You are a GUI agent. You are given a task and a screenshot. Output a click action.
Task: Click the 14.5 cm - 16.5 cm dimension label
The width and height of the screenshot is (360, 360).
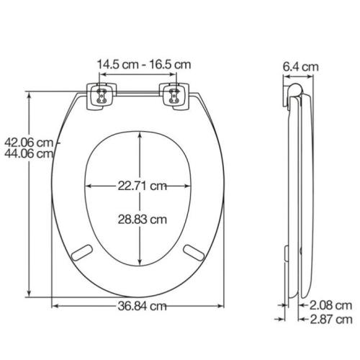click(144, 65)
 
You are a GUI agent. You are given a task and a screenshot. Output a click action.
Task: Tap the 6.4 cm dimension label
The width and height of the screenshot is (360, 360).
click(300, 66)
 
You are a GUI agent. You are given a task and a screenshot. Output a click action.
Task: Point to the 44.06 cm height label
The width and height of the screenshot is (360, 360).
click(29, 153)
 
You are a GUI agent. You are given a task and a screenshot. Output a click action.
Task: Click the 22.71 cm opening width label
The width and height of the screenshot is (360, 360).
click(142, 186)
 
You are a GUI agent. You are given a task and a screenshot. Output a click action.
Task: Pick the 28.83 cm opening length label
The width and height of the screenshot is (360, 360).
click(142, 220)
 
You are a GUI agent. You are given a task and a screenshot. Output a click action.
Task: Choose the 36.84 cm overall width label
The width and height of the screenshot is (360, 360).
click(142, 306)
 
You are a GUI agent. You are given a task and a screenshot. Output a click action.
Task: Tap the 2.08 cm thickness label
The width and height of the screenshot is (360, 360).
click(330, 305)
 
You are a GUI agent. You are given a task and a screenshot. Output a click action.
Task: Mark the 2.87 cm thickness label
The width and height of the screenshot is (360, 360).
click(331, 320)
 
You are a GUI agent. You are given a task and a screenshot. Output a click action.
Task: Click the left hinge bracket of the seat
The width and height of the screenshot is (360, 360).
click(102, 96)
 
